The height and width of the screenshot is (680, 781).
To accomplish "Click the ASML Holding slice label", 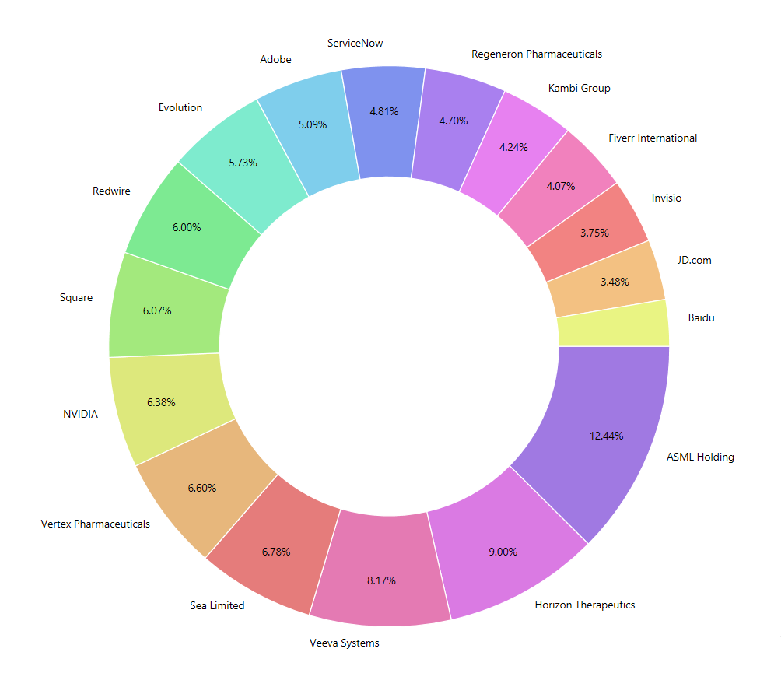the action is [x=700, y=457].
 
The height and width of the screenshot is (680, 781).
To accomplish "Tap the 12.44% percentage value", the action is [x=607, y=436].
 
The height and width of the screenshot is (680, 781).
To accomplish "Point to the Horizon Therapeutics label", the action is [x=585, y=605].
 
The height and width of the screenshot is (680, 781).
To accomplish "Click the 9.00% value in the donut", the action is [x=502, y=552].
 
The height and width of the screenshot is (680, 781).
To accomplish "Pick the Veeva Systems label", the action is [x=345, y=643].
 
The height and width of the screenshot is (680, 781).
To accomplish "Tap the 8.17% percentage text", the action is [x=381, y=580].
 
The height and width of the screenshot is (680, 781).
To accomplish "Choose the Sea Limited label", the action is [x=217, y=605].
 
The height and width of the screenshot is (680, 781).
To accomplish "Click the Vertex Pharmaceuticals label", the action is [x=95, y=524].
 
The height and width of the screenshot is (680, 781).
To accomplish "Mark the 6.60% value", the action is [x=201, y=488].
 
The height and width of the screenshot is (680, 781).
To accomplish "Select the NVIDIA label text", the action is [x=80, y=414].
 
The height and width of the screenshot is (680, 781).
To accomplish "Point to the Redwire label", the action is [x=111, y=190].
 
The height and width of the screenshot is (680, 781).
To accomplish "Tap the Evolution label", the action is [x=180, y=107].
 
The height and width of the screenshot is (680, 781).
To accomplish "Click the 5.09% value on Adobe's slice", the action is [x=312, y=124].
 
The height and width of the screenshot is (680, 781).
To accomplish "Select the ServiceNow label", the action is [x=355, y=43].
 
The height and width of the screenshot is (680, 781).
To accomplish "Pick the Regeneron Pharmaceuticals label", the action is [x=537, y=54].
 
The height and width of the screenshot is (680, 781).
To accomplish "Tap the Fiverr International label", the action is [x=653, y=138].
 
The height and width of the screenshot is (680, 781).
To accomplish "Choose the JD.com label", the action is [x=694, y=260].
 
